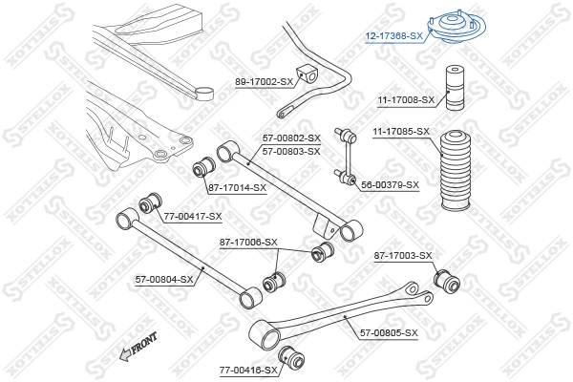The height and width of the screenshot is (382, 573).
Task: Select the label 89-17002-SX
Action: (265, 82)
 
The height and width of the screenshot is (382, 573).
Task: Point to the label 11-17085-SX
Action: (401, 131)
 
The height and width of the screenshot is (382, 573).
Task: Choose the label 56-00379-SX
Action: (390, 184)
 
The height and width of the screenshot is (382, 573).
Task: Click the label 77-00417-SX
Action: (192, 217)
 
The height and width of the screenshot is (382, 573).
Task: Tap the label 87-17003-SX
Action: (403, 255)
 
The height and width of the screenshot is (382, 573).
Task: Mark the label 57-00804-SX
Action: (164, 279)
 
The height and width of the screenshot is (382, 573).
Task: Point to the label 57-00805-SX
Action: (389, 332)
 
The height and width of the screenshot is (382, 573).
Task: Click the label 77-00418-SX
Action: (247, 369)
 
